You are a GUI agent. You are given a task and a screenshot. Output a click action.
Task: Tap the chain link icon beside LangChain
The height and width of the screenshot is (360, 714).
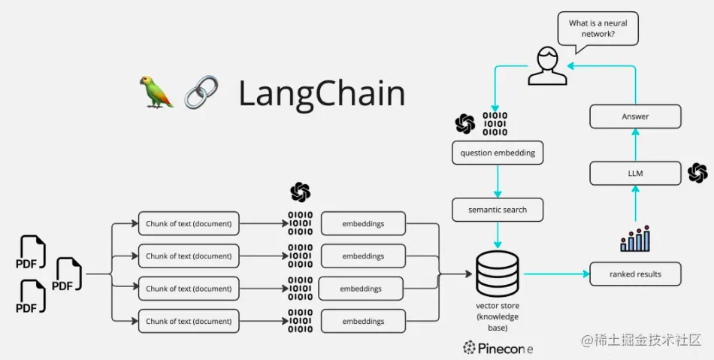click(201, 92)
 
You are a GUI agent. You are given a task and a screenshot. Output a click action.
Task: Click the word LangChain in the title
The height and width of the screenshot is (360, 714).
click(322, 93)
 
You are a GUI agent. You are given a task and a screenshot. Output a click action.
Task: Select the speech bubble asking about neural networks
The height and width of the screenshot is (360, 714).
click(598, 29)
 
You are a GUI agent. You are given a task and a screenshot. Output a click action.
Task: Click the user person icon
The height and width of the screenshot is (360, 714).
click(546, 66)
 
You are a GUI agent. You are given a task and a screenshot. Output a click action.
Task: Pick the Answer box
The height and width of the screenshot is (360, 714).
click(635, 116)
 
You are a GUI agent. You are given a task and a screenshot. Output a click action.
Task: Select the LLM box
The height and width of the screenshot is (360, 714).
click(635, 173)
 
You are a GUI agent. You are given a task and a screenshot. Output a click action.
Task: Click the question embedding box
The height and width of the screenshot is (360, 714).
click(498, 153)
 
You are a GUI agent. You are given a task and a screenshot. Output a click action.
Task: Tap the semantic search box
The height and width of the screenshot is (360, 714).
click(498, 210)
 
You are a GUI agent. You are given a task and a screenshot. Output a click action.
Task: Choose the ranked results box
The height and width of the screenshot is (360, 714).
click(635, 274)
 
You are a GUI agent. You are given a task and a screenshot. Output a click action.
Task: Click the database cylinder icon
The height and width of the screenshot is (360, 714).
click(498, 274)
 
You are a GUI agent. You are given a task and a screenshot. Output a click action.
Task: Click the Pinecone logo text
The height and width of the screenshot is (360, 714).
click(498, 347)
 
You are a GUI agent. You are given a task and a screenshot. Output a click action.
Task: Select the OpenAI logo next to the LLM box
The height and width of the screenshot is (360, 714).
click(697, 173)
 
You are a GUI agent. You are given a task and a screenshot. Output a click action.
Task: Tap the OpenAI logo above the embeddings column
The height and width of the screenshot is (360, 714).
click(301, 192)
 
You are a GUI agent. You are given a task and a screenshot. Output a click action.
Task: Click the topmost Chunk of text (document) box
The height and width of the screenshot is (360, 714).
click(189, 223)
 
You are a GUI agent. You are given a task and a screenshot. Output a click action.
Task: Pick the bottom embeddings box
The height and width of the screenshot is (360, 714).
click(364, 321)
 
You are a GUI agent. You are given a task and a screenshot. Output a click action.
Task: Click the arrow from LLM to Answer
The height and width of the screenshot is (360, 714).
click(635, 145)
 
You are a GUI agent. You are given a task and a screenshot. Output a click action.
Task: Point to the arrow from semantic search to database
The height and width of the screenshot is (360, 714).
click(498, 234)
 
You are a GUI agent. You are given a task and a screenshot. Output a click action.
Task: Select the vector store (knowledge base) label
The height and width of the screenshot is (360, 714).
click(498, 316)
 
